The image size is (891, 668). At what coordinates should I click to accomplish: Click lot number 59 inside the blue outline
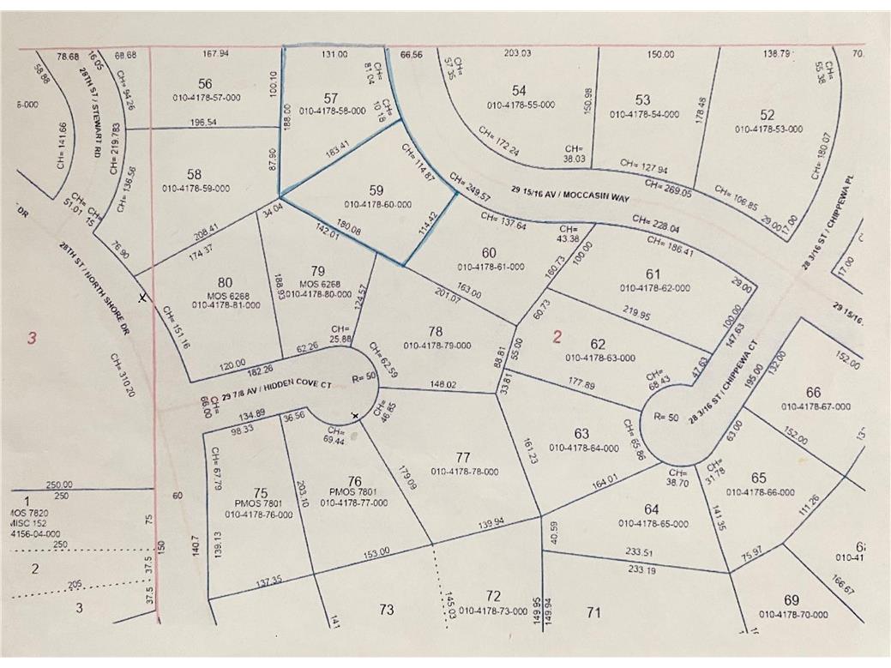click(376, 190)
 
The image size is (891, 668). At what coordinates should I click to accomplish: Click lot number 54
click(518, 90)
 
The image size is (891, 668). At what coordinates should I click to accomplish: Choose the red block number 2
click(557, 337)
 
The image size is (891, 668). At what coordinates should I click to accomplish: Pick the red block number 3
click(32, 338)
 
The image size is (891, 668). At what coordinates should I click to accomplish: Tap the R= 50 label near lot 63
click(666, 418)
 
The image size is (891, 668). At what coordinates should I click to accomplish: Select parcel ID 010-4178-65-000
click(652, 523)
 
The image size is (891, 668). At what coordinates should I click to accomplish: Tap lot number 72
click(492, 596)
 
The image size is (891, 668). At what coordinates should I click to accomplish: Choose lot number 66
click(813, 393)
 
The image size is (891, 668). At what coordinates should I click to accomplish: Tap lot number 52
click(768, 115)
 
